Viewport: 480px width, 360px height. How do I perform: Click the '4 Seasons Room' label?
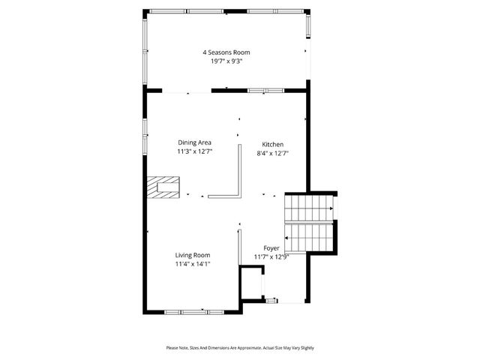click(x=226, y=52)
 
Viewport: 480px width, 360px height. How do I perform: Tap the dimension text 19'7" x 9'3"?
click(x=226, y=61)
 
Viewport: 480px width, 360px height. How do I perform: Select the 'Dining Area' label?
click(x=194, y=142)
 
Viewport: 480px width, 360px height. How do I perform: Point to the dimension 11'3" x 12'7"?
click(x=194, y=151)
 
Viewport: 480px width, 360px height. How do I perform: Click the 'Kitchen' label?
click(x=272, y=144)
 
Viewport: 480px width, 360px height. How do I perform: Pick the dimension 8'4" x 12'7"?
click(x=272, y=153)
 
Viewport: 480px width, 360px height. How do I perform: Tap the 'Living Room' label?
click(x=193, y=255)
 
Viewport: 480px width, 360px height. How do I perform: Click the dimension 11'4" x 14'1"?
click(x=193, y=264)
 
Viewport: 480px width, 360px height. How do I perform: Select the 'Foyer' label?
click(x=271, y=247)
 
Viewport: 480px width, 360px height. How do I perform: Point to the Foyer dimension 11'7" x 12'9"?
click(x=271, y=256)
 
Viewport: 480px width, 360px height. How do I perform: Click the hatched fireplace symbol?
click(x=163, y=186)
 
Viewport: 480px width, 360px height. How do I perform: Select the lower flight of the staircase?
click(x=310, y=238)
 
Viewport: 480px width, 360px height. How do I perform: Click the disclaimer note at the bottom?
click(x=240, y=348)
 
